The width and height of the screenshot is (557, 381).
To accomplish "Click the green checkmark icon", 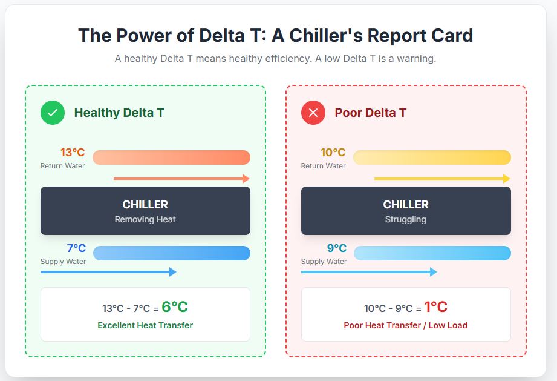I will click(53, 113).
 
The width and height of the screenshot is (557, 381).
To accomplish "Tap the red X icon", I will click(313, 113).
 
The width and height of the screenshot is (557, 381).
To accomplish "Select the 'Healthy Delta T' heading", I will click(119, 113).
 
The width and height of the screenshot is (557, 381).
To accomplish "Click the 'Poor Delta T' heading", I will click(371, 113).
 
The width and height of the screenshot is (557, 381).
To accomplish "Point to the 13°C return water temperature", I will click(73, 153).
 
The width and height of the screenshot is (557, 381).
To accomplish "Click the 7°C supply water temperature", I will click(76, 248).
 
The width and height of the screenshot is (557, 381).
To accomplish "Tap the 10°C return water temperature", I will click(333, 153).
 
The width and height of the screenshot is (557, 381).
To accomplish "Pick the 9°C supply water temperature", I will click(337, 248).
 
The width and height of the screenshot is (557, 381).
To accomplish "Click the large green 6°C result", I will click(175, 307).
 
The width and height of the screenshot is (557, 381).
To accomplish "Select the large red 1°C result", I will click(435, 307).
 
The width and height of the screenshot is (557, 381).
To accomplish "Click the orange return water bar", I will click(171, 157).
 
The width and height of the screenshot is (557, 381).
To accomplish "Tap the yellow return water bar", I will click(432, 157).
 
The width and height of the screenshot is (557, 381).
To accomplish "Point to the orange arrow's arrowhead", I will click(246, 179).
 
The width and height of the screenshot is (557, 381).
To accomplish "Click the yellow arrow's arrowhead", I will click(507, 179).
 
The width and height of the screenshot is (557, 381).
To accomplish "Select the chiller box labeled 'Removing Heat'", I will click(145, 211).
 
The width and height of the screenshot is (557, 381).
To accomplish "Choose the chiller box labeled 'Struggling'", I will click(406, 211).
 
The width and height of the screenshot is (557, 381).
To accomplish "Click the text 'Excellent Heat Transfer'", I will click(145, 325).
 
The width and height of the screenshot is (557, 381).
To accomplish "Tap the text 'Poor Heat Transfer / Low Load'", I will click(406, 325).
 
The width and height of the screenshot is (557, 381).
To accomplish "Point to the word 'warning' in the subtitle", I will click(417, 59).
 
